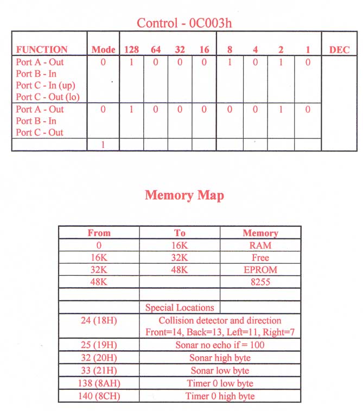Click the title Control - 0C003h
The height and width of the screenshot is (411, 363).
point(185,23)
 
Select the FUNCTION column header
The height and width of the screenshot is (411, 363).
point(42,49)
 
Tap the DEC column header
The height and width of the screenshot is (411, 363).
point(340,49)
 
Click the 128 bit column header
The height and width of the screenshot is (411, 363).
point(131,49)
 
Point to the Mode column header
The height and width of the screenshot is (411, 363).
point(103,49)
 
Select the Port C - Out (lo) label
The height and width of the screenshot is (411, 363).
point(48,97)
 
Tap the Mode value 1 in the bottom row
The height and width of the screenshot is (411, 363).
point(103,144)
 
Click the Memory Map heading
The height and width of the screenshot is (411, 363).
point(184,195)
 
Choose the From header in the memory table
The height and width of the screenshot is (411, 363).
point(99,233)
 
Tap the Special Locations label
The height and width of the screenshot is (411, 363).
point(180,307)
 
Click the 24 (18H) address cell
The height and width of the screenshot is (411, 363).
point(99,320)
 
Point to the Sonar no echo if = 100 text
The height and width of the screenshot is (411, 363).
point(220,345)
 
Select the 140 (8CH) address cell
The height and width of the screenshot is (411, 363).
point(99,396)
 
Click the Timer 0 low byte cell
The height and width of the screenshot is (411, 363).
point(220,383)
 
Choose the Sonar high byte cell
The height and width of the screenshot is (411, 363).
point(220,358)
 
